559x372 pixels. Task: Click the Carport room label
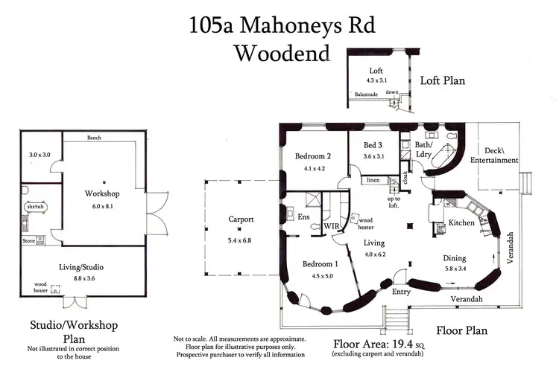pos(241,219)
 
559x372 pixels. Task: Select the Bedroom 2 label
pos(312,156)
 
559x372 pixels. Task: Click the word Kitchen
pos(462,223)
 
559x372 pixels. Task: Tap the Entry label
pos(401,292)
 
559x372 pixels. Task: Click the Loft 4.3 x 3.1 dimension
pos(377,80)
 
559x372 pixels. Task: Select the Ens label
pos(303,218)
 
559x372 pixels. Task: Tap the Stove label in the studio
pos(28,241)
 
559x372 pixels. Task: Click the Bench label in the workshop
pos(94,138)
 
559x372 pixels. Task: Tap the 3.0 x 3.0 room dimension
pos(38,155)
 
